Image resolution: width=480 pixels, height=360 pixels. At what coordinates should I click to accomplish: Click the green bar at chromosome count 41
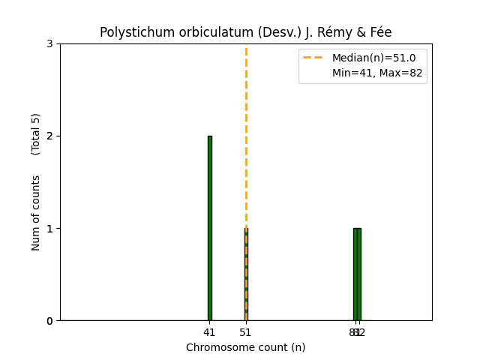(x=209, y=228)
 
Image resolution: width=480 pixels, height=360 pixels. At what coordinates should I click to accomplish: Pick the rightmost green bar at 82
(x=359, y=274)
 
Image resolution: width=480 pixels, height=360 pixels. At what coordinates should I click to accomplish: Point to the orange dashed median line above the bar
(x=246, y=135)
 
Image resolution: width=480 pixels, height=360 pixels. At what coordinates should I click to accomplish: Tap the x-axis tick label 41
(x=209, y=332)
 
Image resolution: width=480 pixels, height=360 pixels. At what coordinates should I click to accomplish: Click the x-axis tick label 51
(x=246, y=332)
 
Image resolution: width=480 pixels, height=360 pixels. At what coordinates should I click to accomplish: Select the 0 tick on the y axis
(x=49, y=321)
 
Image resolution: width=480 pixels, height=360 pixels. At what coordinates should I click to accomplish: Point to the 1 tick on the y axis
(x=49, y=229)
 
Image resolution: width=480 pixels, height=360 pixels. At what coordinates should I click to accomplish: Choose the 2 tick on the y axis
(x=49, y=136)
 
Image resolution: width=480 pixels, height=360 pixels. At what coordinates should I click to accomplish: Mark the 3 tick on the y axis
(x=49, y=44)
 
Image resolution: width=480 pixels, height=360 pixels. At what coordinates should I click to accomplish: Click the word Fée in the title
(x=378, y=32)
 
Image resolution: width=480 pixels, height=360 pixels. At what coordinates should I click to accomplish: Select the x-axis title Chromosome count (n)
(x=246, y=347)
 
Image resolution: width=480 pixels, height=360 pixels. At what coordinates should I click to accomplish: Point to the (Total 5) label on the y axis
(x=36, y=134)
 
